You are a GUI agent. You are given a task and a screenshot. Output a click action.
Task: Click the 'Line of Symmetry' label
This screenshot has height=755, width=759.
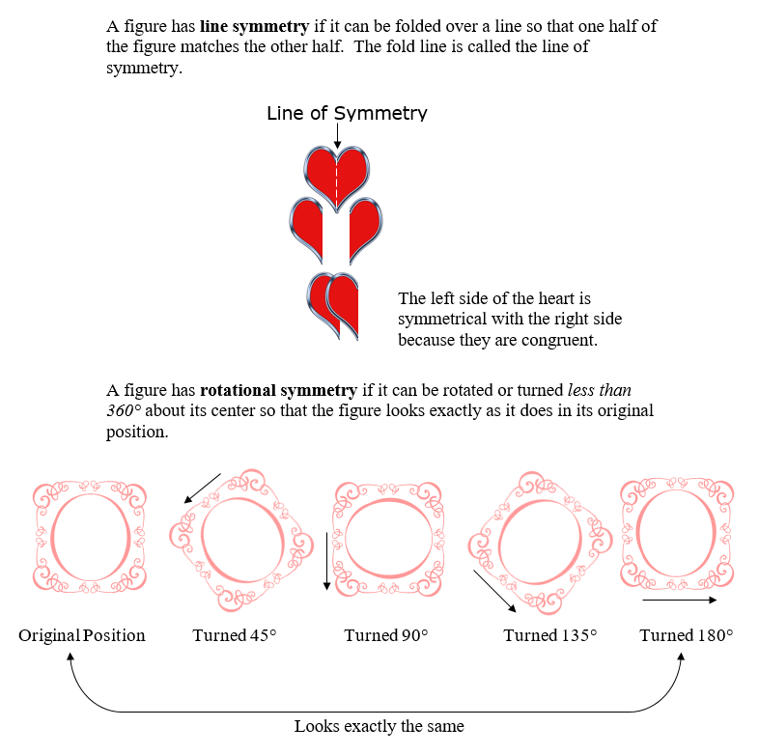(x=347, y=113)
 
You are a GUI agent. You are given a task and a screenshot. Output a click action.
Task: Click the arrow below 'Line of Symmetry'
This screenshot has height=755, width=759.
(x=337, y=136)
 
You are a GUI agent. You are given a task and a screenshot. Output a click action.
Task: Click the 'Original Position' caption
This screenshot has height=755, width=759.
(x=82, y=635)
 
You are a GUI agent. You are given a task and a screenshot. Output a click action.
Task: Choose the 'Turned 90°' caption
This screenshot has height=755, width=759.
(x=385, y=635)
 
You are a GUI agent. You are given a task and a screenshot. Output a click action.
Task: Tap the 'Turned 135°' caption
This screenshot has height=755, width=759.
(x=549, y=635)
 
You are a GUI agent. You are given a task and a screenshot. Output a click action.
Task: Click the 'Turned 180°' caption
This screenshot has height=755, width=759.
(x=687, y=635)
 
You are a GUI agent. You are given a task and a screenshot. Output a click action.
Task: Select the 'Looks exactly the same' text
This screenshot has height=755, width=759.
(x=379, y=726)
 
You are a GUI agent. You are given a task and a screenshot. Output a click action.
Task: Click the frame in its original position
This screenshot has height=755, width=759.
(x=89, y=535)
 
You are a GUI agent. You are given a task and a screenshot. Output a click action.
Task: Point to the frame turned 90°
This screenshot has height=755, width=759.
(x=386, y=535)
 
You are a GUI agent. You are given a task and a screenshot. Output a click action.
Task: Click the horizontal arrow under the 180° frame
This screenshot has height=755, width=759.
(x=679, y=601)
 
